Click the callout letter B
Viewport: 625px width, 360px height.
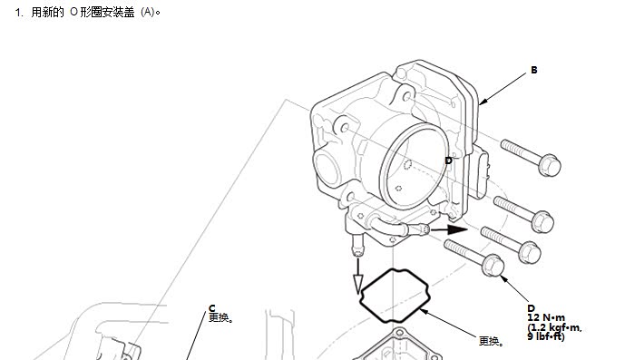point(534,70)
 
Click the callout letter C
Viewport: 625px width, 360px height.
point(212,308)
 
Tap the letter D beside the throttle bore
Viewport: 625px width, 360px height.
point(448,161)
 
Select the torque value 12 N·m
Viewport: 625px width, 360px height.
point(546,317)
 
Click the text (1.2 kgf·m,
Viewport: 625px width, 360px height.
point(554,327)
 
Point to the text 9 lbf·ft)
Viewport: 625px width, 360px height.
point(546,336)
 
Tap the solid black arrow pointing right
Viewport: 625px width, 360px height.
point(449,229)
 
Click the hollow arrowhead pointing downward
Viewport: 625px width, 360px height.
point(358,285)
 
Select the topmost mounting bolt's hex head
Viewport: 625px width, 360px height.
point(550,165)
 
